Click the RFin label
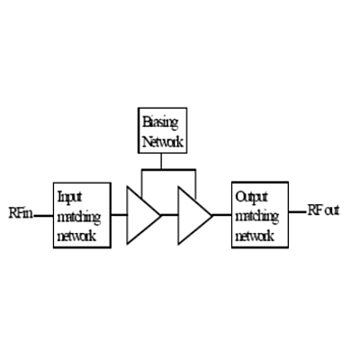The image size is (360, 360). click(x=21, y=212)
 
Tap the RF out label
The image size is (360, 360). click(x=323, y=211)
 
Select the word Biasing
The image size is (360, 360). click(x=160, y=122)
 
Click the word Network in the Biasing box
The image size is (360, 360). click(x=163, y=141)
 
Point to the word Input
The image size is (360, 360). click(x=69, y=198)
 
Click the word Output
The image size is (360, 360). click(x=251, y=198)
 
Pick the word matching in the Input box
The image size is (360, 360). click(x=78, y=218)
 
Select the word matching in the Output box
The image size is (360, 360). click(x=257, y=217)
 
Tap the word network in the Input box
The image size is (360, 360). click(x=76, y=236)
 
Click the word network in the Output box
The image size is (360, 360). click(x=255, y=236)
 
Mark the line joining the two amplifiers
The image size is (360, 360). click(x=169, y=215)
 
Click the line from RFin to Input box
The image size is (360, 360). click(x=43, y=215)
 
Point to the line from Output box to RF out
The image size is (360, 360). click(x=298, y=211)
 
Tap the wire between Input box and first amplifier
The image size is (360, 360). click(x=119, y=215)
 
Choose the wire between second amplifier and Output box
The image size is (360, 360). click(x=222, y=215)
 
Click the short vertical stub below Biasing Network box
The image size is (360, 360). click(x=161, y=161)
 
